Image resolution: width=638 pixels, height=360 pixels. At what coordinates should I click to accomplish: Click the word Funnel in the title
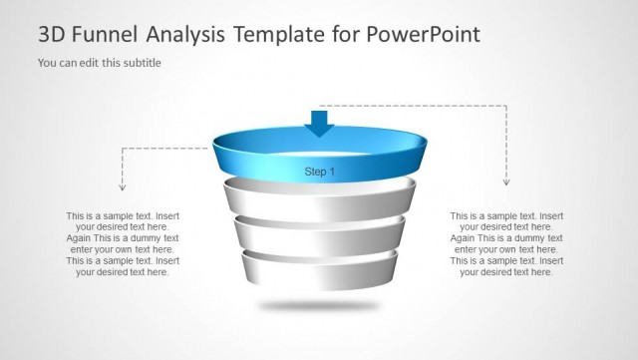(x=104, y=35)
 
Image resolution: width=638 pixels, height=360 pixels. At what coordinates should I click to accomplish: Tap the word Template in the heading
(x=279, y=35)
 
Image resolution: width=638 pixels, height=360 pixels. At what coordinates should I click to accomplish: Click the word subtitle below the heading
(x=140, y=63)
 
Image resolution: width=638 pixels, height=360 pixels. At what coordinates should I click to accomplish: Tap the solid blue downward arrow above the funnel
(x=319, y=123)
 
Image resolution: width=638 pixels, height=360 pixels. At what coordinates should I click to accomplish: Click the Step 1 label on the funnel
(x=319, y=172)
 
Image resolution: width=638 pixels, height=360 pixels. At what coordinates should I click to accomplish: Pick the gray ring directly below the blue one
(x=319, y=202)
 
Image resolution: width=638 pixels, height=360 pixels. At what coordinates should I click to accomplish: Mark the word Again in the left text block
(x=80, y=238)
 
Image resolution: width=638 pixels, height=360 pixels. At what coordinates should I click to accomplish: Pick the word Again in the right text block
(x=464, y=238)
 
